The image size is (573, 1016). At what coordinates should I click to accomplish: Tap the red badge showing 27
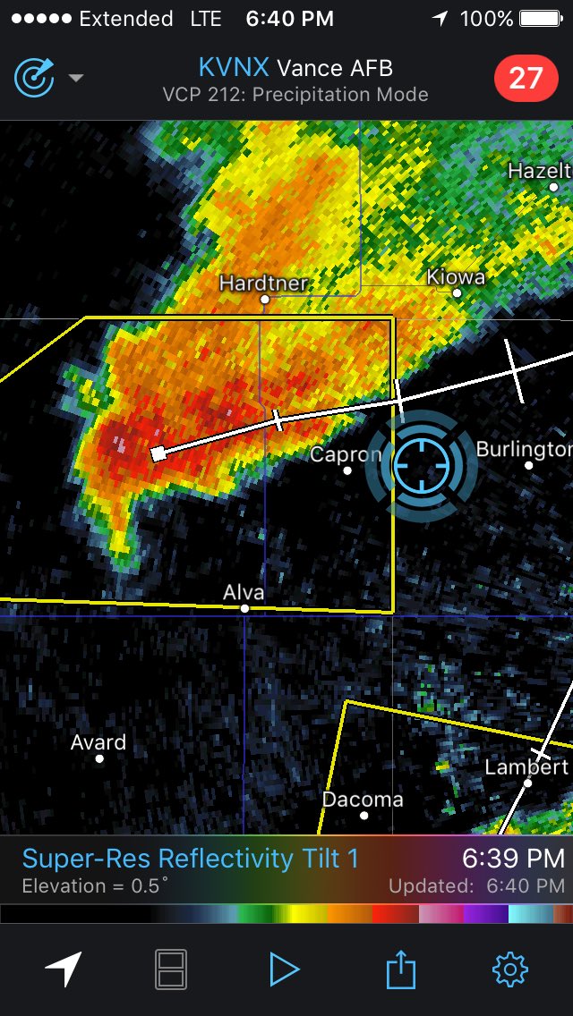click(x=526, y=79)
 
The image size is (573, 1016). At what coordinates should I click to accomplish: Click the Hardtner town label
click(x=264, y=283)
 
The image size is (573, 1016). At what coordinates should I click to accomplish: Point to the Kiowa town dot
click(x=457, y=292)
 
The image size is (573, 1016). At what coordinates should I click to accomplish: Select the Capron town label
click(x=345, y=454)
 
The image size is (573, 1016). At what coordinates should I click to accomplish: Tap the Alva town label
click(x=244, y=592)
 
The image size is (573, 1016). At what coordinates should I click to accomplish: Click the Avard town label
click(x=98, y=742)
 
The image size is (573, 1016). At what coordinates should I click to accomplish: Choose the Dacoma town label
click(x=363, y=799)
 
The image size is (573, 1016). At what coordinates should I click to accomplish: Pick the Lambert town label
click(x=526, y=766)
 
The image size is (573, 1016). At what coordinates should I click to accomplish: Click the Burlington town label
click(x=524, y=448)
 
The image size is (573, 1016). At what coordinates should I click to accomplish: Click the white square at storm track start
click(x=158, y=453)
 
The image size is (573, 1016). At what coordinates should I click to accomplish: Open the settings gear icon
click(x=510, y=969)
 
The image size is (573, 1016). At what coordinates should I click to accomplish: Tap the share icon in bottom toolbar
click(x=401, y=969)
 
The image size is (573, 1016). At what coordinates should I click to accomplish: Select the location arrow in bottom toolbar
click(x=64, y=969)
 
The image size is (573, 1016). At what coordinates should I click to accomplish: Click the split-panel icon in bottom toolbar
click(x=171, y=969)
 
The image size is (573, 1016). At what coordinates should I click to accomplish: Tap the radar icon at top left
click(x=34, y=78)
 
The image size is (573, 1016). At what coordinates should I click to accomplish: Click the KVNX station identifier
click(x=235, y=68)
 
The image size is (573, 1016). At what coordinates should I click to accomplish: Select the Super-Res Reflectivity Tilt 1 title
click(x=190, y=859)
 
